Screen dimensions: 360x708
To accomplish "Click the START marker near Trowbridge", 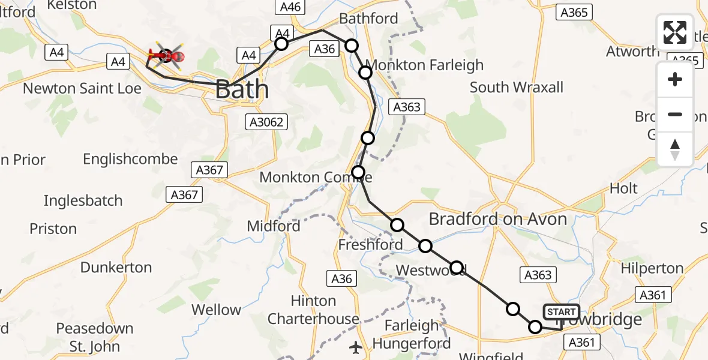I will tap(561, 312).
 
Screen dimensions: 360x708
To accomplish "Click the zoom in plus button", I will tap(675, 79).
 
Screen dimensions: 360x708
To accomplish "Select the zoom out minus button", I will tap(675, 114).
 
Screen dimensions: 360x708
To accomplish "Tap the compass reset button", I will tap(675, 149).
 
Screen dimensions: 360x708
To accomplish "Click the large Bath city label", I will tap(241, 89).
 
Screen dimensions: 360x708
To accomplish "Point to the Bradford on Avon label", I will tap(497, 219).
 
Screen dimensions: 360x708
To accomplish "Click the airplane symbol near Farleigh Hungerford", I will tap(356, 347).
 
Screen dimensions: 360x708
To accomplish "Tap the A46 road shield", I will tap(291, 7).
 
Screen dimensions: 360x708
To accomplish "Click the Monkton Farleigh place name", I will tap(424, 65).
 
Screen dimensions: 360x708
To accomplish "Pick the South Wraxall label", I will tap(516, 87).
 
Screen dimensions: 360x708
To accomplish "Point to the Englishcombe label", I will tap(130, 159).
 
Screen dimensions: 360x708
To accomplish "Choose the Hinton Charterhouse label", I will tap(313, 310).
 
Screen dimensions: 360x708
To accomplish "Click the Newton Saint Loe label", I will tap(82, 89).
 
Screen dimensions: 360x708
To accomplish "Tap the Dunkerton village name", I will tap(116, 267).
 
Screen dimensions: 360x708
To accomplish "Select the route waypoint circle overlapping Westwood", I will tap(457, 268).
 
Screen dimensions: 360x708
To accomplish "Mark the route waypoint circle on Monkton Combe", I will tap(358, 173).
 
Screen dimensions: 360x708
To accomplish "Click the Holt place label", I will tap(623, 188).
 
